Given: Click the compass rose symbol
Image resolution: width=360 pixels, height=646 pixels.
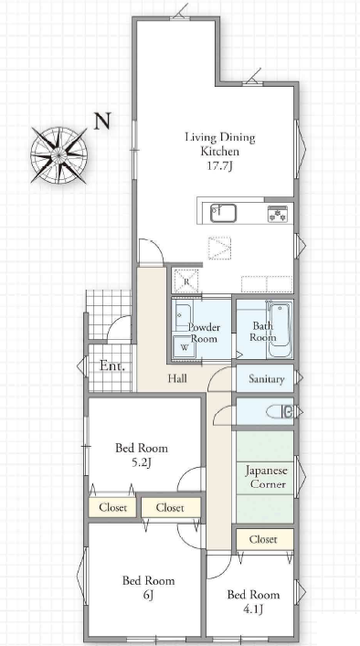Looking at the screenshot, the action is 58,155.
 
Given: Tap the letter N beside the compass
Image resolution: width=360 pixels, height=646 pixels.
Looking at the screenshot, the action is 102,122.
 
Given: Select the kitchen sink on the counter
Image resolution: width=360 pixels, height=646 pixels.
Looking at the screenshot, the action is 223,213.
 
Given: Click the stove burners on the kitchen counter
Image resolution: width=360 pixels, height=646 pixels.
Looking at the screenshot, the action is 278,214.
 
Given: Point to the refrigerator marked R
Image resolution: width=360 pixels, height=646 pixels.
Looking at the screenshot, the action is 186,281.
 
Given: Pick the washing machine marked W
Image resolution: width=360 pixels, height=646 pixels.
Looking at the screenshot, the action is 185,347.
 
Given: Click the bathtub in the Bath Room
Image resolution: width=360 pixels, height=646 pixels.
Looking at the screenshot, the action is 281,330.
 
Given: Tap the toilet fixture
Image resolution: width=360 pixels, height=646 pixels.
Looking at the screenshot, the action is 280,411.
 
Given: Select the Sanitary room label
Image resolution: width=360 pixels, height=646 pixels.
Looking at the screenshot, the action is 267,379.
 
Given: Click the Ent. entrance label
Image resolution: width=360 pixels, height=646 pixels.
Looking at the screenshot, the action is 112,366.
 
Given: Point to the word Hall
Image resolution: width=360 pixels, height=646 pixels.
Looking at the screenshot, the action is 177,378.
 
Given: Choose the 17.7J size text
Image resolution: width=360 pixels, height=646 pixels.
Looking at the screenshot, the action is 220,166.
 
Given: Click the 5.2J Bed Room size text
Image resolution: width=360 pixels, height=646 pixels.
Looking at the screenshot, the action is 142,463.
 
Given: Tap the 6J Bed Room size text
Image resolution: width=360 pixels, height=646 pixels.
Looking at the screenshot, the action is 149,595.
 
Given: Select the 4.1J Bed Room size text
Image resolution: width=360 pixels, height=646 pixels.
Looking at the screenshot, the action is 253,609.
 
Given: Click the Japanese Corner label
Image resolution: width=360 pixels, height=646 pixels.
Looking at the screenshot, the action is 266,477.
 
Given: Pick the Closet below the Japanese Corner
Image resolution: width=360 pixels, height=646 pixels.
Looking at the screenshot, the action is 263,539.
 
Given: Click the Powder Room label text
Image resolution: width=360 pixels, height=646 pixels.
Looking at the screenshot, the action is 205,333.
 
